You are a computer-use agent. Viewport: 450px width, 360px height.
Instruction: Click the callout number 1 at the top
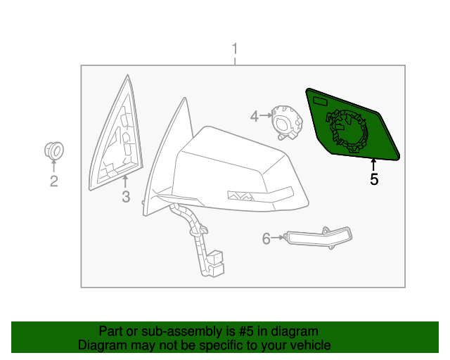(236, 49)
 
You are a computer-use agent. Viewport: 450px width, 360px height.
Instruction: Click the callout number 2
(53, 183)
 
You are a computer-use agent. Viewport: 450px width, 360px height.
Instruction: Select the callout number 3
(125, 197)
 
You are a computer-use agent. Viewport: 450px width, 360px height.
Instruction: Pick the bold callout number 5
(374, 179)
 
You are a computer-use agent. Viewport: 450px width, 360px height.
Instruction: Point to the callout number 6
(266, 239)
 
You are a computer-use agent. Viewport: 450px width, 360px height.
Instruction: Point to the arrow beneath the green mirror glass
(373, 165)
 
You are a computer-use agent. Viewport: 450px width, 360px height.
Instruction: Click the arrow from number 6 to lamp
(278, 238)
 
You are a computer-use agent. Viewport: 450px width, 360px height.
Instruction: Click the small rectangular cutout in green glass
(321, 103)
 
